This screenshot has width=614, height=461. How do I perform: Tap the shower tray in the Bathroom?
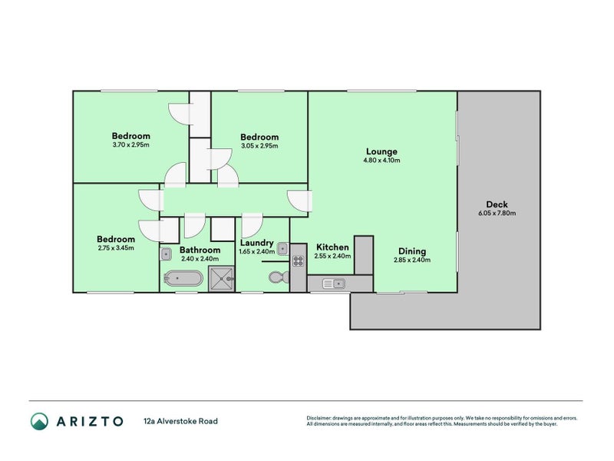click(222, 279)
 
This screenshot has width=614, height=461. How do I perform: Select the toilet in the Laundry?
click(277, 277)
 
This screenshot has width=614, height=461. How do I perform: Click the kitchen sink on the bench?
click(335, 284)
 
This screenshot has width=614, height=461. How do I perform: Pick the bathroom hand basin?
click(166, 253)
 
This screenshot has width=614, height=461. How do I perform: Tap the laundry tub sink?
click(282, 248)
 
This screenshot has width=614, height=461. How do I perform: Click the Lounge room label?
click(381, 151)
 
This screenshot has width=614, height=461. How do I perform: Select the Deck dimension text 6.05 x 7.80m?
click(497, 214)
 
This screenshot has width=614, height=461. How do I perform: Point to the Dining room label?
click(412, 251)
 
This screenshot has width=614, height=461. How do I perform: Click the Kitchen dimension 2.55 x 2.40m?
click(333, 256)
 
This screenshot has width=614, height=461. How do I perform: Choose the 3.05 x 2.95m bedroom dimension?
click(259, 145)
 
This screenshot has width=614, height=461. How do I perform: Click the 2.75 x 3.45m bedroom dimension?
click(116, 248)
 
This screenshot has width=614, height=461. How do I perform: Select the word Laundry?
click(256, 243)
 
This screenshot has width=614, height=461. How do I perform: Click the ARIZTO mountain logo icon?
click(39, 420)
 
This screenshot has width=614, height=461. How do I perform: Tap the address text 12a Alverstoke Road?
click(180, 421)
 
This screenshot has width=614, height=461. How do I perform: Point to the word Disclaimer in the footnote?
click(321, 418)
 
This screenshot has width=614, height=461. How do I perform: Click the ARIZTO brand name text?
click(87, 421)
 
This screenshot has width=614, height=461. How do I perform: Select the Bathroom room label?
click(200, 250)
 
